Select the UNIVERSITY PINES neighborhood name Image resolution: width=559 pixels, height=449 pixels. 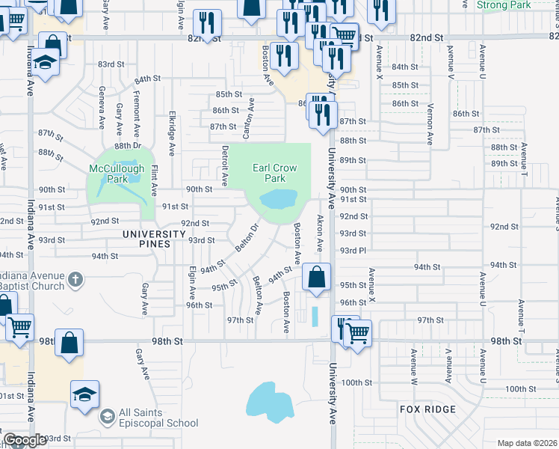point(154,234)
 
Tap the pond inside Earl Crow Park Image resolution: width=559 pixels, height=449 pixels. point(278,199)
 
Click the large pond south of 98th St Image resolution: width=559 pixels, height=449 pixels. point(269,402)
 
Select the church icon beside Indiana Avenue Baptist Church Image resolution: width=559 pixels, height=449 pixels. point(74,280)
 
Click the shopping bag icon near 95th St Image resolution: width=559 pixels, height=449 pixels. point(317,276)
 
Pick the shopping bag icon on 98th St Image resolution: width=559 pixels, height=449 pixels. point(68,343)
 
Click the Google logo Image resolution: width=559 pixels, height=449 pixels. point(25,440)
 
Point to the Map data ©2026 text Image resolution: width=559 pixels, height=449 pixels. point(526,443)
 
